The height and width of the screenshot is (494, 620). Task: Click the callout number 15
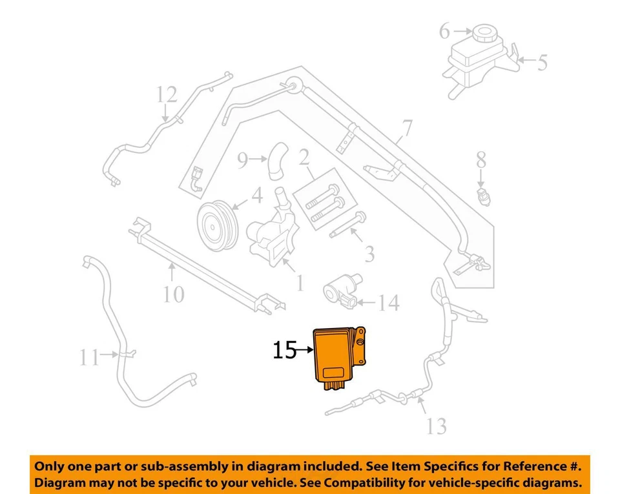(x=284, y=350)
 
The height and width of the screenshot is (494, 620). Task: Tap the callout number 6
(x=445, y=30)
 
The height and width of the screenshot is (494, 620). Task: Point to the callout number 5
(x=542, y=63)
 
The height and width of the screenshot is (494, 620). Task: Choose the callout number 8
(x=481, y=160)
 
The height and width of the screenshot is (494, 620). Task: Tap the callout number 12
(x=166, y=96)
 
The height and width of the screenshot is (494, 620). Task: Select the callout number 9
(x=242, y=160)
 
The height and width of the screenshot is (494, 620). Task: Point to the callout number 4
(x=256, y=194)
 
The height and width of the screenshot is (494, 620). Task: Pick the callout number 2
(x=304, y=157)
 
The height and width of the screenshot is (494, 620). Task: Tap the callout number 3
(x=369, y=254)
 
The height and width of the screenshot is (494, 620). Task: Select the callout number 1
(x=299, y=283)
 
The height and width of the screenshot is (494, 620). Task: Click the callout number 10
(x=173, y=294)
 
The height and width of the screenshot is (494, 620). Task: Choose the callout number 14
(x=388, y=302)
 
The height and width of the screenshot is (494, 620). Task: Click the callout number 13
(x=437, y=426)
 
